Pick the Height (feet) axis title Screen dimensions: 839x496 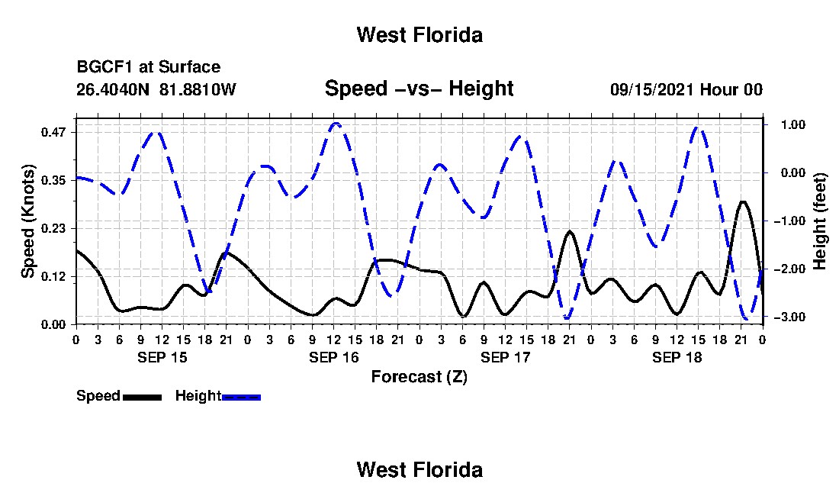click(819, 221)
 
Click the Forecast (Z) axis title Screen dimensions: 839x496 click(419, 377)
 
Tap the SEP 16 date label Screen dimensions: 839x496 click(334, 357)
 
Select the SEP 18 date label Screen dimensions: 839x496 click(677, 357)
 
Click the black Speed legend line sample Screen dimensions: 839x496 click(143, 397)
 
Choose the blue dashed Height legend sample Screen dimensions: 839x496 click(241, 397)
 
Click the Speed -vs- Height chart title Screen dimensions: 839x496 click(419, 89)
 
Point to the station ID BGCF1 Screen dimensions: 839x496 click(106, 67)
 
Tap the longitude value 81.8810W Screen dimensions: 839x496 click(198, 89)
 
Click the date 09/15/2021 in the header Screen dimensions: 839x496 click(653, 89)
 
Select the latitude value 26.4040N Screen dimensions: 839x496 click(113, 89)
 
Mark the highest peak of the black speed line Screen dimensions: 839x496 click(743, 201)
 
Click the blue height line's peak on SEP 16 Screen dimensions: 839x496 click(336, 124)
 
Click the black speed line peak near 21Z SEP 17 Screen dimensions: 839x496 click(570, 231)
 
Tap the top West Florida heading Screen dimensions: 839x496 click(419, 35)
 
